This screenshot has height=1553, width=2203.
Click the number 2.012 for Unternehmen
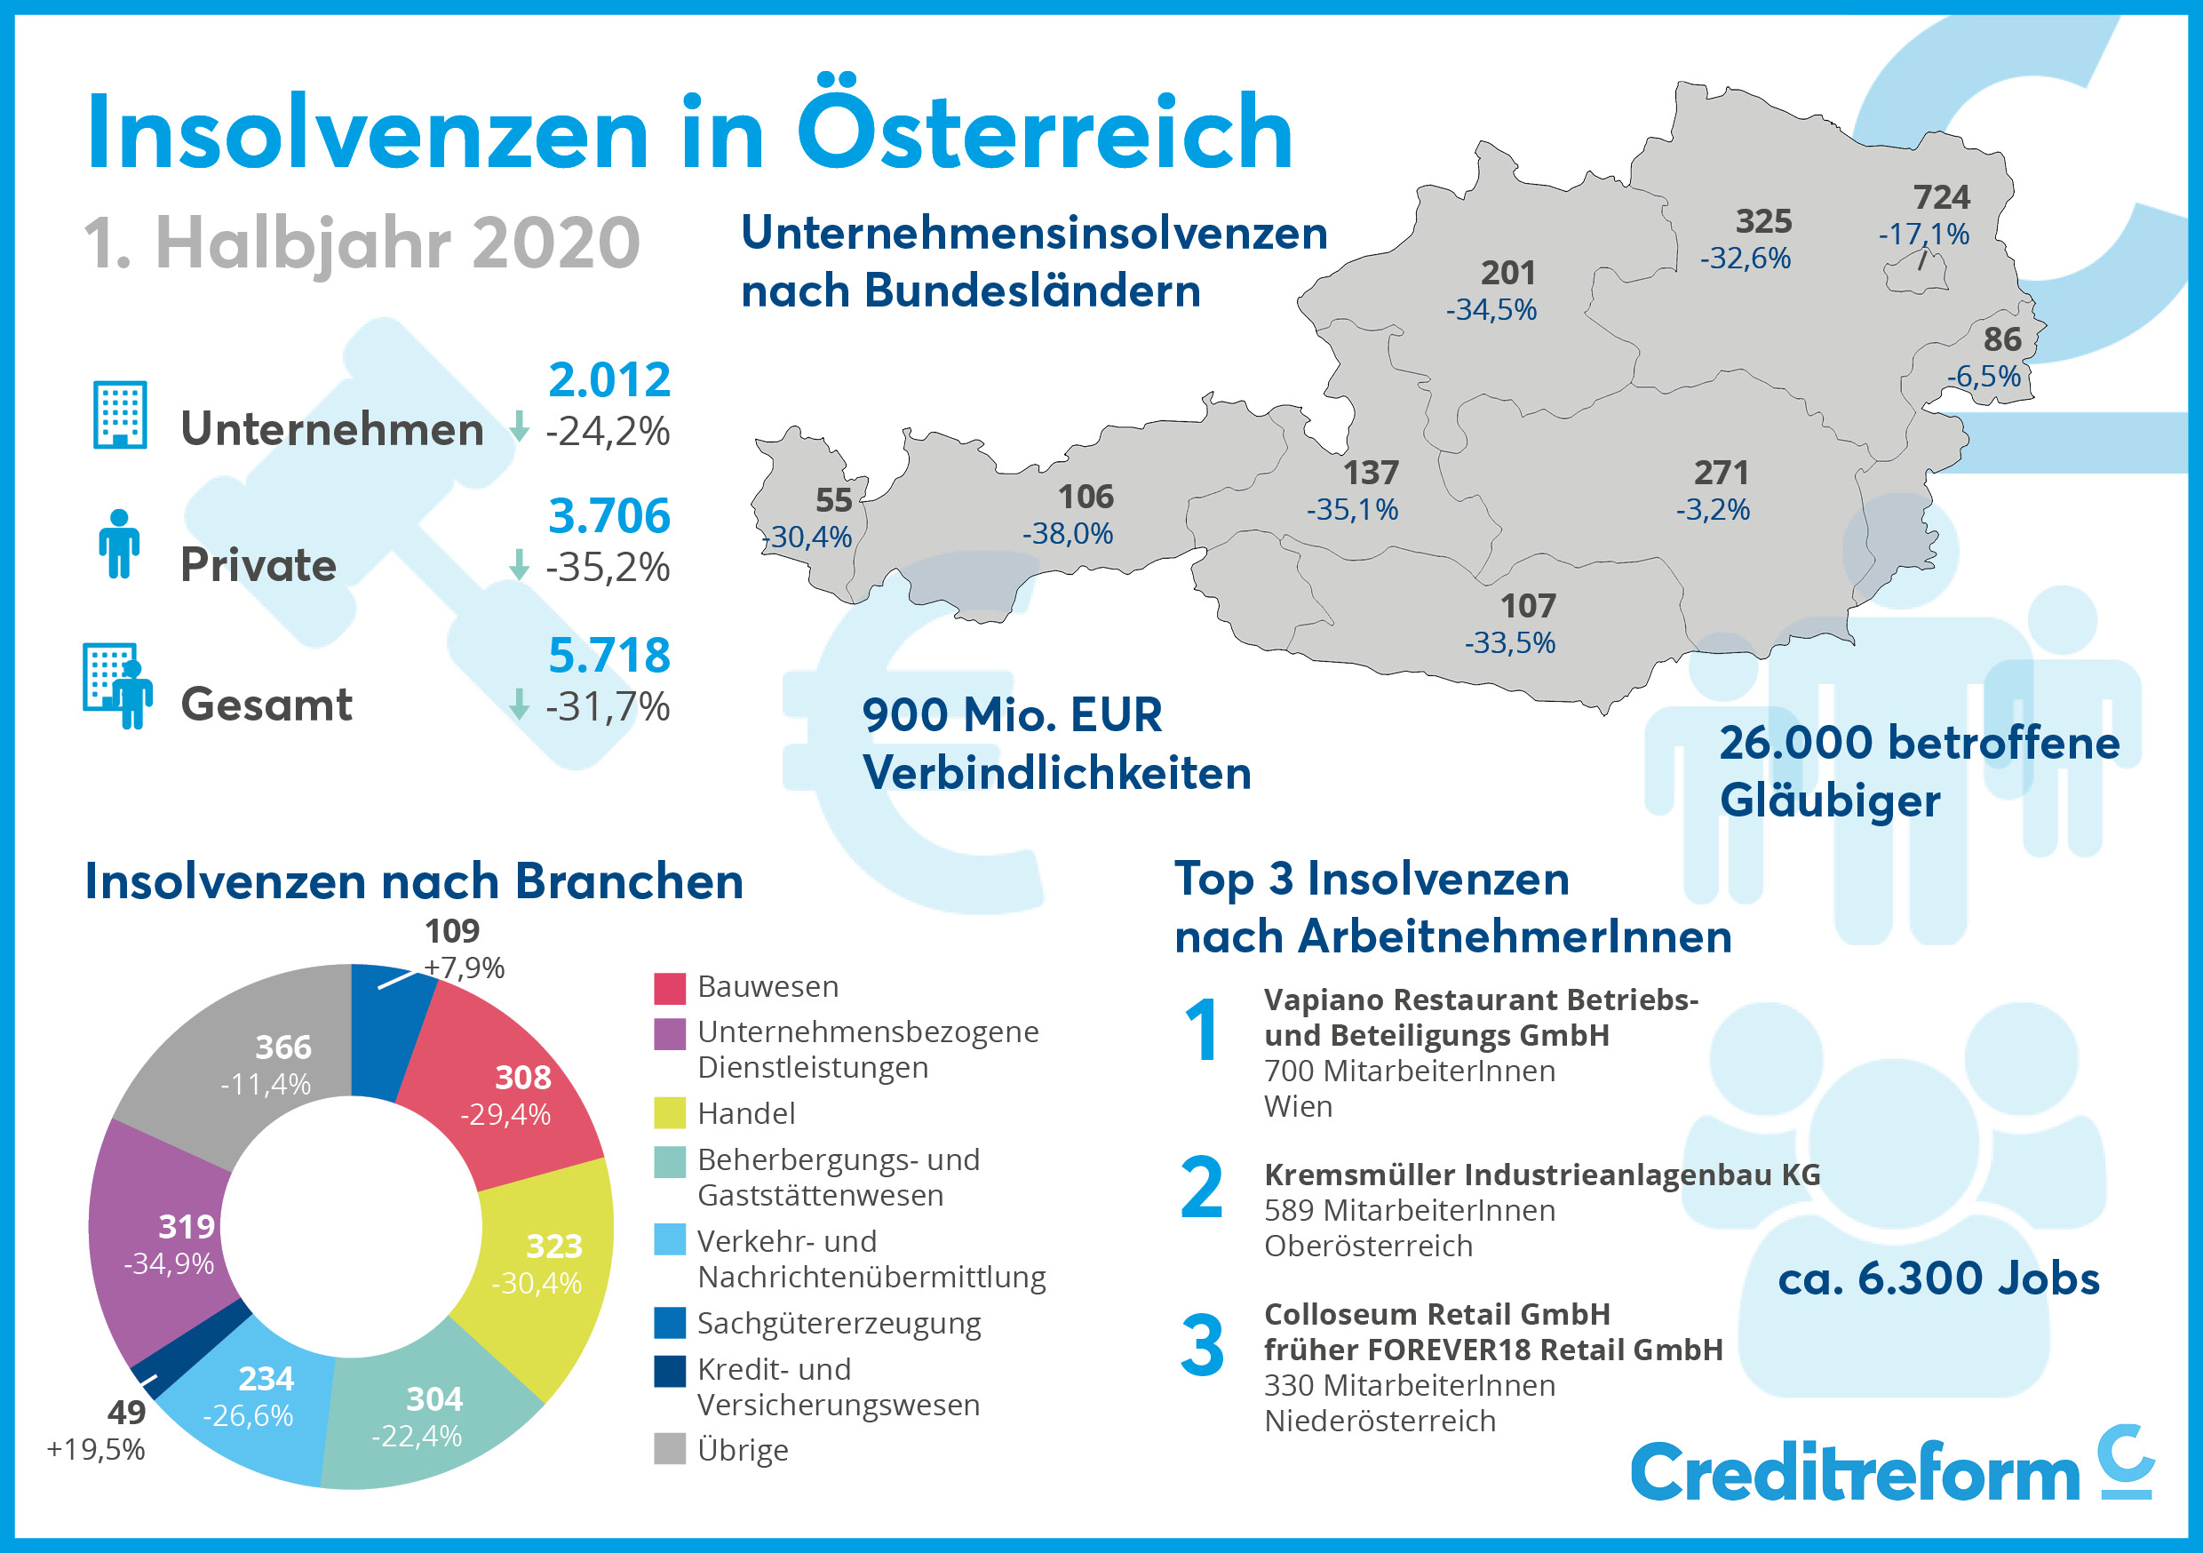[x=608, y=380]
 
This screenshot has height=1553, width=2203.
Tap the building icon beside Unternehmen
[x=120, y=415]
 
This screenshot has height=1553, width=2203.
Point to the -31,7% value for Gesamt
[x=607, y=706]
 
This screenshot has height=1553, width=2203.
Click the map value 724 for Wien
[x=1941, y=198]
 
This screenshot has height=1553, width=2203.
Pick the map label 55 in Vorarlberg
[x=833, y=500]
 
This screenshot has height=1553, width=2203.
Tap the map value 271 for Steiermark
[x=1721, y=473]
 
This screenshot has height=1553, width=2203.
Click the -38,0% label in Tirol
[x=1067, y=534]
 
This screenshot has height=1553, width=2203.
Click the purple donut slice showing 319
[x=163, y=1243]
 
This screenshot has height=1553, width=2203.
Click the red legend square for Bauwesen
[x=670, y=988]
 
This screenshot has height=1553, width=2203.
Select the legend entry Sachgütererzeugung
[x=839, y=1324]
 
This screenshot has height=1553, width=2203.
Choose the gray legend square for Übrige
[x=670, y=1449]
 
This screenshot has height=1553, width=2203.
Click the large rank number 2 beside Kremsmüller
[x=1201, y=1188]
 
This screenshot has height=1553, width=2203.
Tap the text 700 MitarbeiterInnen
[x=1409, y=1071]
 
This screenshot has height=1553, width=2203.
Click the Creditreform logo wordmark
[x=1854, y=1472]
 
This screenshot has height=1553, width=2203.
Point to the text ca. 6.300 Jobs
[x=1938, y=1278]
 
